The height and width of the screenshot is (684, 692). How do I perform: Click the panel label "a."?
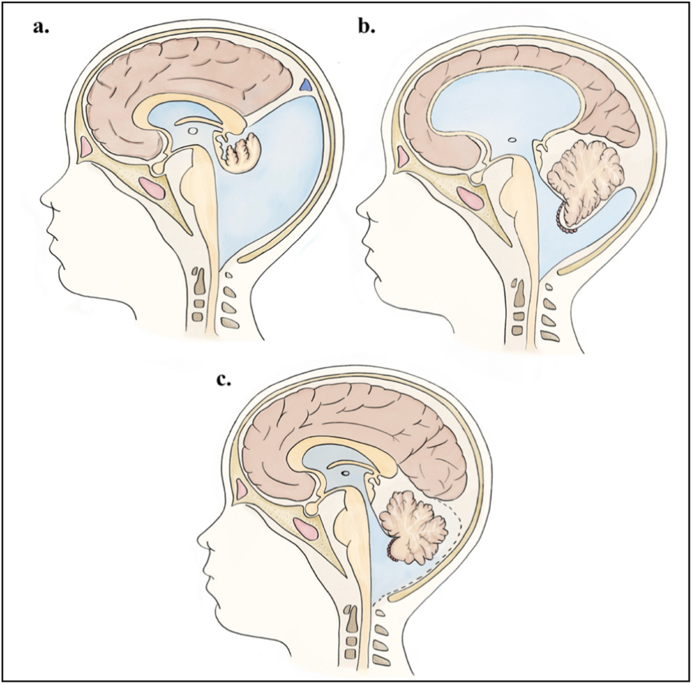click(42, 27)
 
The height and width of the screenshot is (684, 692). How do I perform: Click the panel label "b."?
click(366, 27)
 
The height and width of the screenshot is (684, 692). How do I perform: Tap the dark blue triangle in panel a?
click(307, 85)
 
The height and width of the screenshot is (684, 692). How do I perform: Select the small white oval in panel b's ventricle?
click(512, 139)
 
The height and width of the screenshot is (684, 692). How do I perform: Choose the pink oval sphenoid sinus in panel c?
click(306, 529)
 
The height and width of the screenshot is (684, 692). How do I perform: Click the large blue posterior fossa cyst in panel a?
click(277, 184)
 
